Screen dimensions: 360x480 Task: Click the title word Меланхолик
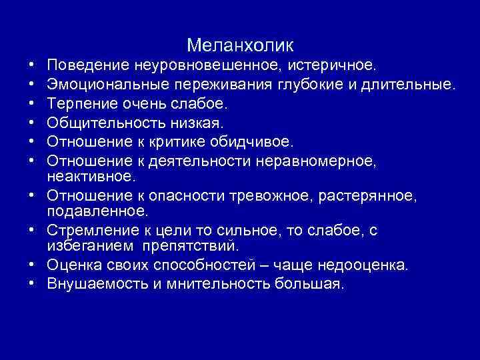pos(240,45)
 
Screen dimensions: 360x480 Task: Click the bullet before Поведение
pos(32,67)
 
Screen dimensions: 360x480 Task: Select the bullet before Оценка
pos(32,265)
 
